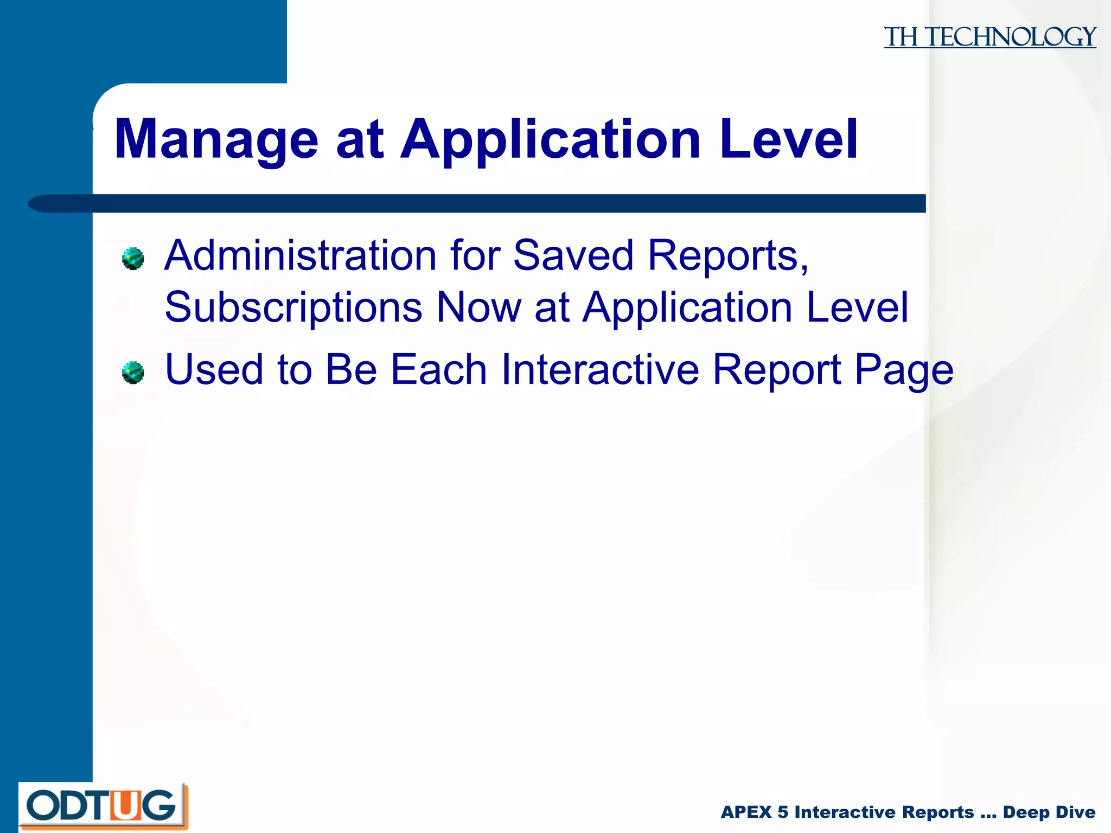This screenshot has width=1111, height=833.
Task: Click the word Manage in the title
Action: pos(216,140)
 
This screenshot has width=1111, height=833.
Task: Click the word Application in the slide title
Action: pos(550,140)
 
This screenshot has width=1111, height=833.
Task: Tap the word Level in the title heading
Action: pos(789,140)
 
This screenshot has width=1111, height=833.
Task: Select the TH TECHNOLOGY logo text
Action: pos(989,37)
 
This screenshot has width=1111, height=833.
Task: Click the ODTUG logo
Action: pos(103,806)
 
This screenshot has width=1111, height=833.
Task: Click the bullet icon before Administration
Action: pos(133,259)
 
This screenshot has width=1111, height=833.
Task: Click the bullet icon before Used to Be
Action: pos(133,373)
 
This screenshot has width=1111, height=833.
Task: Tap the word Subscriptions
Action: pos(293,307)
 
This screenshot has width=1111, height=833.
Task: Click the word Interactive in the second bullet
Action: pos(599,369)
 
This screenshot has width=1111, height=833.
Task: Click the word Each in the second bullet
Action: pos(438,369)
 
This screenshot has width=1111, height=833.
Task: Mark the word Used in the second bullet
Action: pos(214,369)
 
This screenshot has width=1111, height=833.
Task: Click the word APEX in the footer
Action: pos(746,812)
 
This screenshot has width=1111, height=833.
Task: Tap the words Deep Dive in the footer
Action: pos(1049,812)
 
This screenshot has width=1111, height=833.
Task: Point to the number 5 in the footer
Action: pos(782,812)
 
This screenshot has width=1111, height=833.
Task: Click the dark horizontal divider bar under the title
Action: pos(488,203)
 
